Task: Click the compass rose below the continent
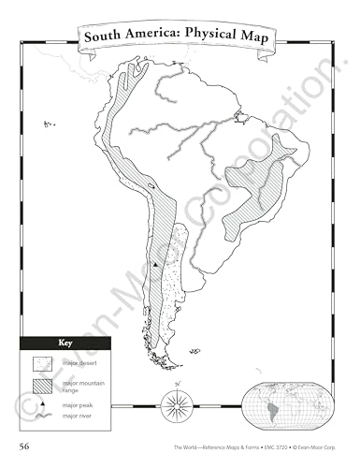pos(173,403)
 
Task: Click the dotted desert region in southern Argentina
pos(168,281)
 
